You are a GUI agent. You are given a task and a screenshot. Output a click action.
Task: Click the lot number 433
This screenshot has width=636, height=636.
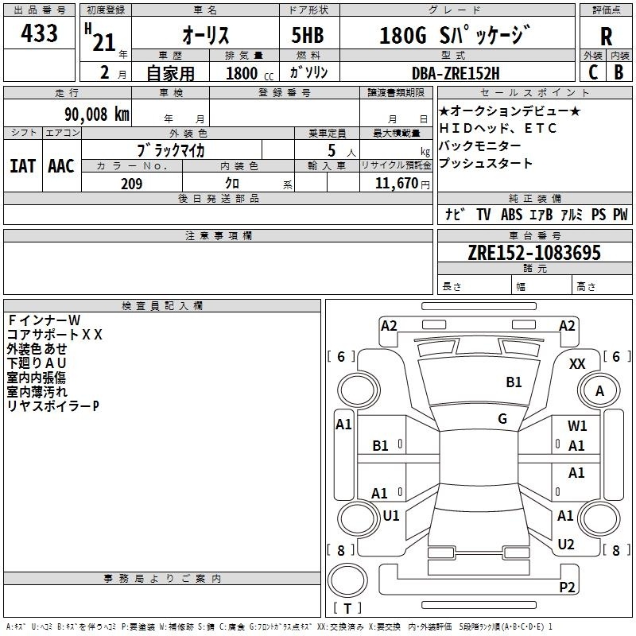coord(39,33)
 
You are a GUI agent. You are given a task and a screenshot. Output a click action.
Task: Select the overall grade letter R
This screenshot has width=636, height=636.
coord(606,37)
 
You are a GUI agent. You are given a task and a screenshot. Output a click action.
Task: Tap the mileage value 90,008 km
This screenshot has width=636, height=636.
coord(96,114)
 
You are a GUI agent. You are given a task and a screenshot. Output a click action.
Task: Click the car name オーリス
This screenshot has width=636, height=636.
coord(206,35)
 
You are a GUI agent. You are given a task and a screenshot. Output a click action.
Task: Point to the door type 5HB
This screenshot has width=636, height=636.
coord(308,35)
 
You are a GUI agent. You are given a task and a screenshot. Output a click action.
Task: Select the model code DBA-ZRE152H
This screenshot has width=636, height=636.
coord(456,73)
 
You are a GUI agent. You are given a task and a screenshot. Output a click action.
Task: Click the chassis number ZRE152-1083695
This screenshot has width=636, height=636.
coord(534,253)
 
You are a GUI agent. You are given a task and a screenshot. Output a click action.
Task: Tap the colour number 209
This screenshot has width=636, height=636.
coord(131,184)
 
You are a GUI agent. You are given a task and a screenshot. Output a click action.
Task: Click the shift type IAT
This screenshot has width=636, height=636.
coord(22,166)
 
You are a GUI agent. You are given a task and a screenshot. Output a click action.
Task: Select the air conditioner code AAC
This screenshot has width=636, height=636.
coord(61,166)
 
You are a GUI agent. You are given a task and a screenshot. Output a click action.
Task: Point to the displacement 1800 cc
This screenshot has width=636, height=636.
coord(250,73)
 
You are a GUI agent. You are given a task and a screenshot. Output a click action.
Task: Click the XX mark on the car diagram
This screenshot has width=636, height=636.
coord(577,364)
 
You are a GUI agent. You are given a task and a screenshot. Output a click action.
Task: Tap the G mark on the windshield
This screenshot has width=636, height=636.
coord(502,419)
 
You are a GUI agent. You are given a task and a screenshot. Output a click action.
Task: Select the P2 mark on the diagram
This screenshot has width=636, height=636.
coord(567,587)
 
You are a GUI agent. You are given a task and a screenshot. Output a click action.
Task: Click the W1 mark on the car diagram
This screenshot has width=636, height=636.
coord(577,425)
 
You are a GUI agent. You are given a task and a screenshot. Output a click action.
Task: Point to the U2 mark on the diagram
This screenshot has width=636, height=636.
coord(566,545)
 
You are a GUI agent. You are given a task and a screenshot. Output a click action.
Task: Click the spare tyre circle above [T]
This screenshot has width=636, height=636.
coord(347,580)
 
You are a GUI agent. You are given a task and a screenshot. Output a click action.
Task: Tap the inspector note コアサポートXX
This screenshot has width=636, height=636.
coord(54,335)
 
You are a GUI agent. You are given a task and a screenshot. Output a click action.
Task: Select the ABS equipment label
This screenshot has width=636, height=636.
coord(511,215)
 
